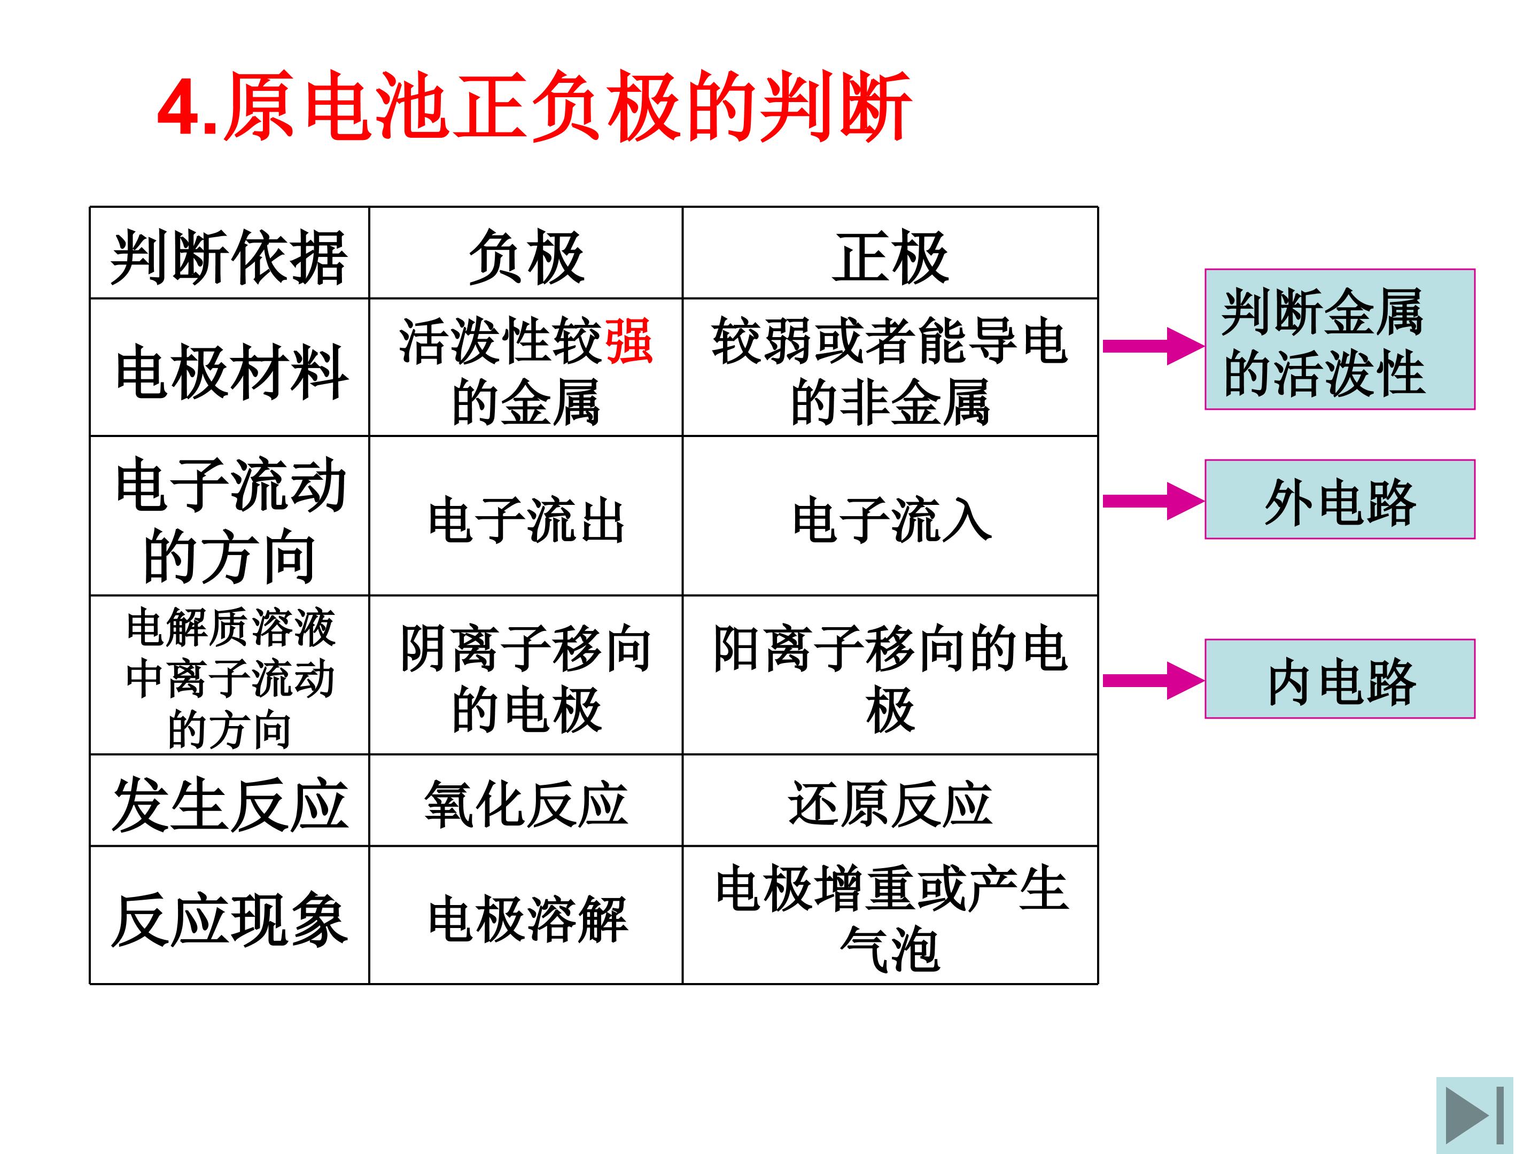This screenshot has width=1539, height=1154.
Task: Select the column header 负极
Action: click(x=526, y=258)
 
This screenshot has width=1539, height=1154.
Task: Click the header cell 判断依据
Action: click(x=229, y=258)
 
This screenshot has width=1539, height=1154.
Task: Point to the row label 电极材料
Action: click(x=232, y=372)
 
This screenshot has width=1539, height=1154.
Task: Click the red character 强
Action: click(x=629, y=341)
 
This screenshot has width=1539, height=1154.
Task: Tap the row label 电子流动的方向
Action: click(x=230, y=520)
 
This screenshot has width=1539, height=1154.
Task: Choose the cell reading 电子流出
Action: click(x=526, y=520)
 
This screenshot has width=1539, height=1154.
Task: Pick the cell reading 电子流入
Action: click(x=891, y=520)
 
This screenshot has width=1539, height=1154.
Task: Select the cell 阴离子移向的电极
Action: click(x=526, y=678)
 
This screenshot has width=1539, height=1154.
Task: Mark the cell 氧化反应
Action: click(x=526, y=804)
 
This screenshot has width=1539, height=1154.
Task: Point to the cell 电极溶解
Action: click(x=527, y=919)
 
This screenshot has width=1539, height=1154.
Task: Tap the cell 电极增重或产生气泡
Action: click(x=891, y=918)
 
